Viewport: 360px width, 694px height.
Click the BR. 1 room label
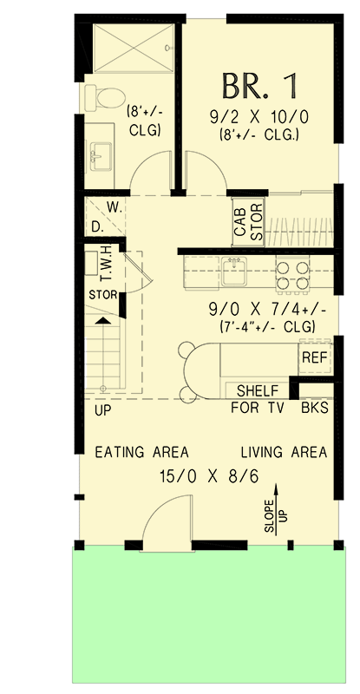[x=259, y=85]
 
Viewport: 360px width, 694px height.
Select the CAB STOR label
[x=248, y=221]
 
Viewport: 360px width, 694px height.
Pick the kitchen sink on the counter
[x=233, y=272]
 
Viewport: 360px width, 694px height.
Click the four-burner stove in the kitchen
[x=293, y=273]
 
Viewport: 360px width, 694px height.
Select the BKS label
[x=314, y=407]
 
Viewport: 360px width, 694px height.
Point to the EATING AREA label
[x=141, y=452]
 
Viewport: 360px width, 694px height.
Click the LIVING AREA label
[x=284, y=452]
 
